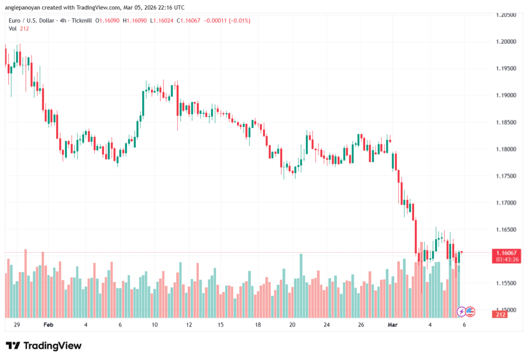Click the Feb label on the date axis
click(48, 325)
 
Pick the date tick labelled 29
click(17, 325)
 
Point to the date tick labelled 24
click(326, 325)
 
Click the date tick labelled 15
click(221, 325)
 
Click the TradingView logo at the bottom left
click(43, 346)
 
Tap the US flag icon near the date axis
click(470, 312)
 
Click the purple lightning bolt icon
click(461, 312)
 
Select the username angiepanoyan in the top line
click(25, 7)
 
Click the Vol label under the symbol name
click(13, 28)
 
